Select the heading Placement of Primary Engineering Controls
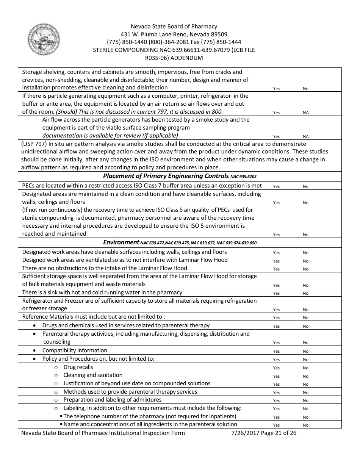(x=166, y=176)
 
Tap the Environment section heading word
(x=121, y=242)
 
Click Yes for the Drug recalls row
(x=276, y=368)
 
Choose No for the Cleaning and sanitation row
(x=305, y=376)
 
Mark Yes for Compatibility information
(x=276, y=351)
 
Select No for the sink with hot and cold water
(x=305, y=293)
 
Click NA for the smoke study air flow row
(x=306, y=136)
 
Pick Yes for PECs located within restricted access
(x=276, y=186)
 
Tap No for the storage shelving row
(x=305, y=89)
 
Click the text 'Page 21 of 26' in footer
(x=279, y=433)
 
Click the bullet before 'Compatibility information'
(x=35, y=350)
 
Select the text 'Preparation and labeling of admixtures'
(x=112, y=400)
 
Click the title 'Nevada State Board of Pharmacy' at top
(x=174, y=27)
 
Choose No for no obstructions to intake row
(x=305, y=269)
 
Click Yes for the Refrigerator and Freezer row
(x=276, y=310)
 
